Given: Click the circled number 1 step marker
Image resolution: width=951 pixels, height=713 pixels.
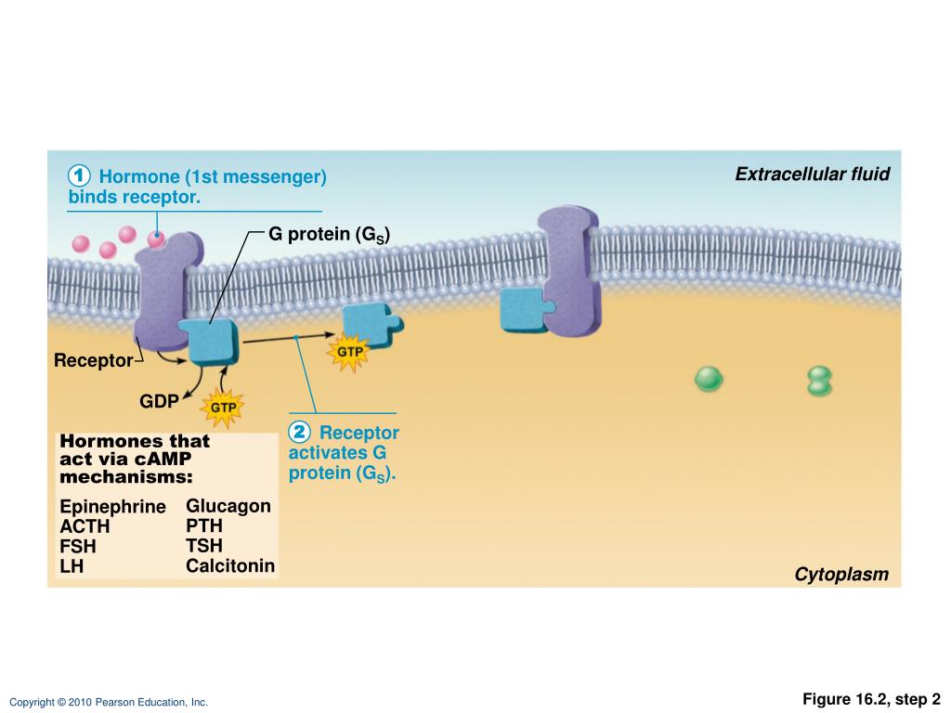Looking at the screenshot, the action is [79, 175].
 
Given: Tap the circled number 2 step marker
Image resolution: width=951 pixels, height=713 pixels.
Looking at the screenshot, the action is [299, 433].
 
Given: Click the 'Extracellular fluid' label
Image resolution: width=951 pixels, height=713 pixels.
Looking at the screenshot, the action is [812, 174].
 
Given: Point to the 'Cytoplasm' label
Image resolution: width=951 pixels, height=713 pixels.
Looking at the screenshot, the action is [841, 574].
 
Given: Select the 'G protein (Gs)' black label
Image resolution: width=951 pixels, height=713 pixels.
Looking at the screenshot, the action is [330, 234].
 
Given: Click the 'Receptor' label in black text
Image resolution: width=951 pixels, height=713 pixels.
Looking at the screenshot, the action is [94, 360].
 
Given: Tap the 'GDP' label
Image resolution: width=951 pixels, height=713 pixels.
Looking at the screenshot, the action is [159, 401].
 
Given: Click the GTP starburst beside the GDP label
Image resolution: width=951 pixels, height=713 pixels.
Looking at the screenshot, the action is [223, 408].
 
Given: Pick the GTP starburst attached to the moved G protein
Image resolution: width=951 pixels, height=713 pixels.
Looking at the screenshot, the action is [349, 352].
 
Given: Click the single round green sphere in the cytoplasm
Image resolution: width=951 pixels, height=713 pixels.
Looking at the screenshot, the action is [709, 379].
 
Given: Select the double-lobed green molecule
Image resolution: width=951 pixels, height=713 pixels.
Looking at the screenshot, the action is [819, 381].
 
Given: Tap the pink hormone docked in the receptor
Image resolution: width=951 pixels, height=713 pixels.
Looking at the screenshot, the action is [156, 240].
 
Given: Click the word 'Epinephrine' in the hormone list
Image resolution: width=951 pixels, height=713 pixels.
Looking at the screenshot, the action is [112, 506].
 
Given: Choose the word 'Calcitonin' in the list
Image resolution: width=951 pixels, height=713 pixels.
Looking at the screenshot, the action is [230, 565].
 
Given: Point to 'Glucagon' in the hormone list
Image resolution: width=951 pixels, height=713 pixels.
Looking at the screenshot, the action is [228, 506].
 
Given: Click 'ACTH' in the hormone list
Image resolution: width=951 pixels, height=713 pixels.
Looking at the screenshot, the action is [85, 526].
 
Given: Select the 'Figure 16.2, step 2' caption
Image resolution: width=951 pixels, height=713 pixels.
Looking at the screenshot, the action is [871, 699].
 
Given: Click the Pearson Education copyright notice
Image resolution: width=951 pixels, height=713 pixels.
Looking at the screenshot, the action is [109, 702].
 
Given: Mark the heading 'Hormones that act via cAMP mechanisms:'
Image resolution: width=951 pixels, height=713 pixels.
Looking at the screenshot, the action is [135, 459].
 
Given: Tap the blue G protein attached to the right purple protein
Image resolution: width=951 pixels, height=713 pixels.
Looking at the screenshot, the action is [527, 309].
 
